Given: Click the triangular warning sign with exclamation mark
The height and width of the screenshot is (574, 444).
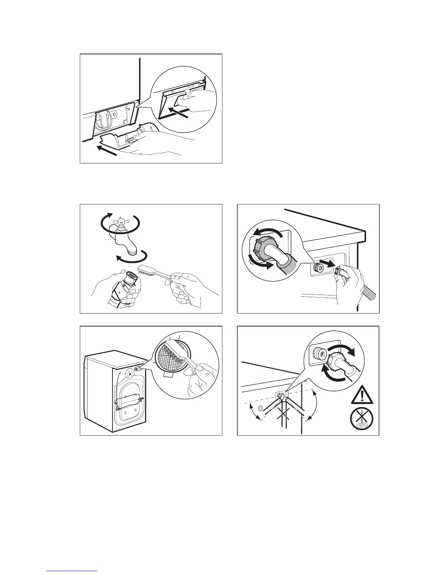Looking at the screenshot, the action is [x=362, y=396].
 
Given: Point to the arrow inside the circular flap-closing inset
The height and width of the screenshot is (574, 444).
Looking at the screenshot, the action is [x=179, y=112].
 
